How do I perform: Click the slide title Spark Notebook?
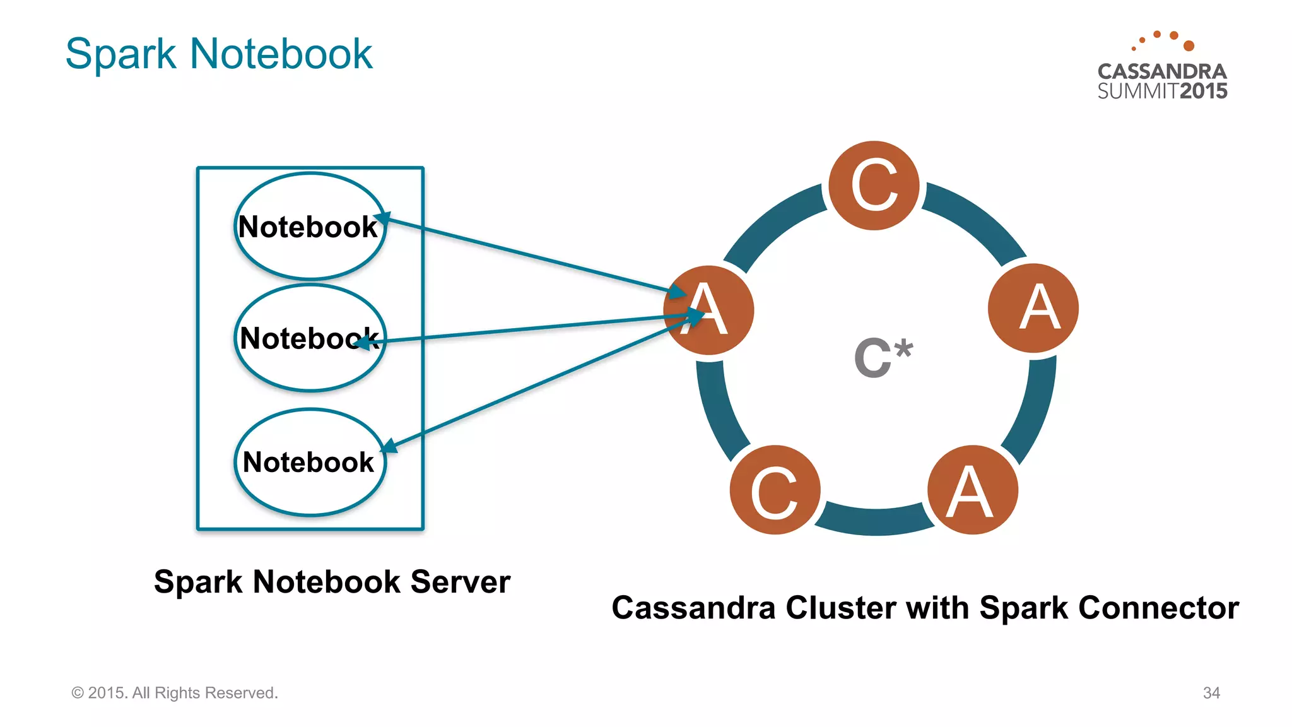218,54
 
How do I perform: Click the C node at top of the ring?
874,185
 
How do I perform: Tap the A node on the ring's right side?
1033,308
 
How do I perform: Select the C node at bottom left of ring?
775,490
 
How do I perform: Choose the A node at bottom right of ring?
972,490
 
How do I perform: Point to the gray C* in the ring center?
883,357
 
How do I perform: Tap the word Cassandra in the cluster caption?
693,608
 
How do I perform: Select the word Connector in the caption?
1158,608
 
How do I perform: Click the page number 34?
1211,693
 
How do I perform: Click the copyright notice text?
175,693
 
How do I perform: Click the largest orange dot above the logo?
1189,45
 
